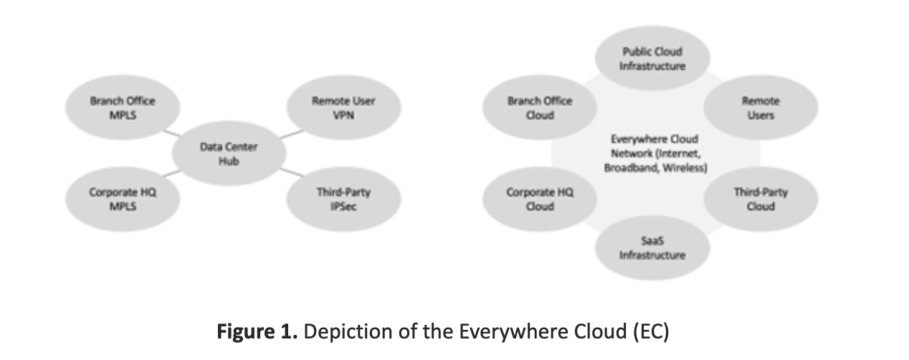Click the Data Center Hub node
(x=229, y=153)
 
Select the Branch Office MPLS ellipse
(x=123, y=107)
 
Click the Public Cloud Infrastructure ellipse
(x=652, y=58)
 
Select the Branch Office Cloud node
(x=538, y=107)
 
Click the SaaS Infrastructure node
(x=652, y=248)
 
